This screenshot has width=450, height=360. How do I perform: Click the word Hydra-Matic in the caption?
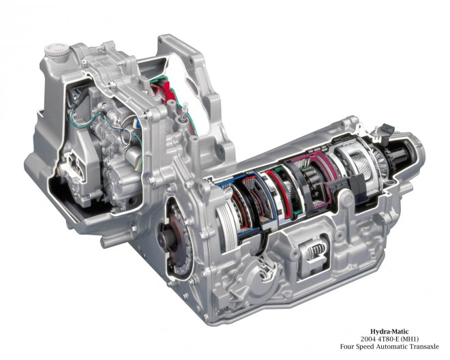(x=389, y=332)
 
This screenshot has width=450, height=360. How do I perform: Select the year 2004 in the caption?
(x=367, y=339)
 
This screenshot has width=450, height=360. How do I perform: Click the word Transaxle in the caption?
(x=423, y=346)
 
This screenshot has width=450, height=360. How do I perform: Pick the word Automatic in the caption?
(x=392, y=346)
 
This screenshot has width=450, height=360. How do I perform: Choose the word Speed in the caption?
(x=365, y=347)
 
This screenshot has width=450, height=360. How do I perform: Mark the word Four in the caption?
(x=346, y=346)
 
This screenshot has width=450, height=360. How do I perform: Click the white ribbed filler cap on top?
(x=57, y=50)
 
